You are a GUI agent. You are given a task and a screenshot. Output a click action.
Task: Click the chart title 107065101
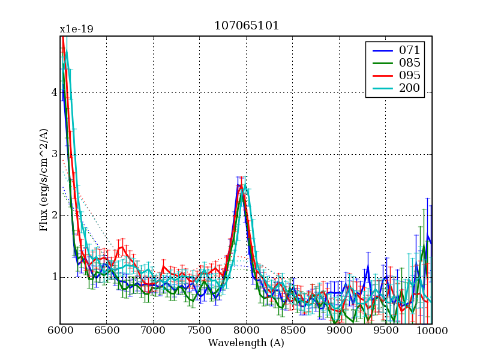click(246, 26)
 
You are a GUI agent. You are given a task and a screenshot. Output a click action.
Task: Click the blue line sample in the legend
click(382, 50)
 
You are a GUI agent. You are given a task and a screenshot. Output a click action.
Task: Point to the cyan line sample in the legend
click(382, 89)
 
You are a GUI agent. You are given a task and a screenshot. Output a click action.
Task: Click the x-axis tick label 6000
click(60, 331)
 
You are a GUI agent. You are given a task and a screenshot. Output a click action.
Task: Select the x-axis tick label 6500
click(107, 331)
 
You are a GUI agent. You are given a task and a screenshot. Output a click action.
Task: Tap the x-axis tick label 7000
click(153, 331)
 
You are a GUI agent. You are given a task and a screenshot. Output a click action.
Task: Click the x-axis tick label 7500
click(200, 331)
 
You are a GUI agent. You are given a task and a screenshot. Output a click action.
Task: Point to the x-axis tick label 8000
click(246, 331)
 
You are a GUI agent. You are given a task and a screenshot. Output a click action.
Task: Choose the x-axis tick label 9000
click(339, 331)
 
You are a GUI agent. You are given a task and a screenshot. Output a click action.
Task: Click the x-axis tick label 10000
click(432, 331)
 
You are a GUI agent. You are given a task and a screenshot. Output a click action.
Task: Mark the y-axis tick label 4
click(54, 93)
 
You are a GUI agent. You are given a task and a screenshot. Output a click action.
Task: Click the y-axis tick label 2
click(54, 215)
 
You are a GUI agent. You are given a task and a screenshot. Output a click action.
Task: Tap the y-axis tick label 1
click(54, 277)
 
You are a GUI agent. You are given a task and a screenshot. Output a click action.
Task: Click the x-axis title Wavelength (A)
click(246, 343)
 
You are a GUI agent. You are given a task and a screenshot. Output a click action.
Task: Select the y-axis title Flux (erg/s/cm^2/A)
click(44, 180)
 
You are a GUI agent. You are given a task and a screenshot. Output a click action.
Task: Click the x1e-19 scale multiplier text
click(76, 29)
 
